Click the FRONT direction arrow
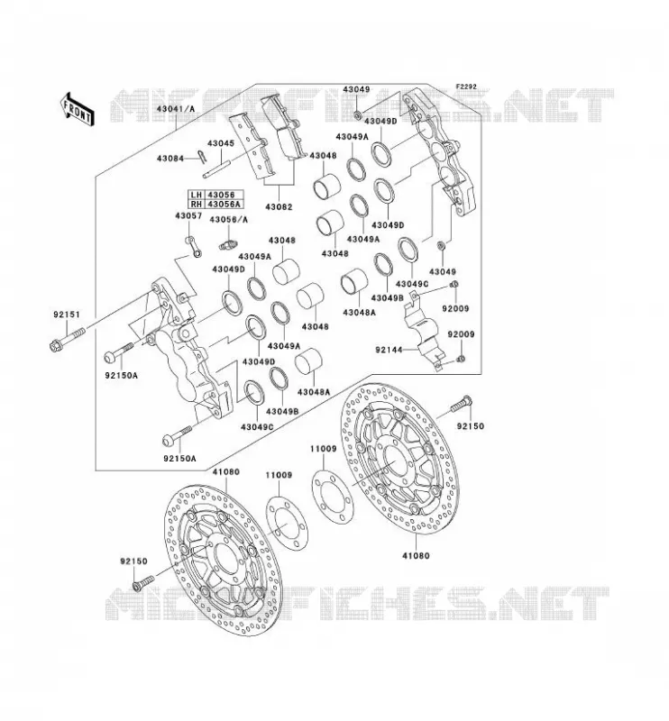77,109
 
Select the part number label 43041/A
175,109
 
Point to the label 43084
170,159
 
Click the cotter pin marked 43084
200,156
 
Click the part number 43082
279,207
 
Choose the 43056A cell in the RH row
224,204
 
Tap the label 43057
188,215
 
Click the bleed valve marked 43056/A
228,243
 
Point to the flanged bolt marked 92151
68,338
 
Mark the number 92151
66,315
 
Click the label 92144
389,350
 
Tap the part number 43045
221,143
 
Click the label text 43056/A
229,220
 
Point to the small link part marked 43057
193,247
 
